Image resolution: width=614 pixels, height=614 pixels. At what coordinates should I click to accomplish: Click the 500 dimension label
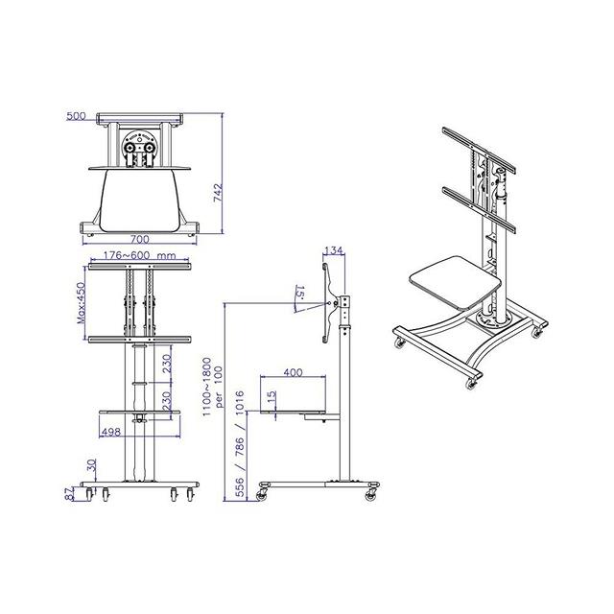pos(76,116)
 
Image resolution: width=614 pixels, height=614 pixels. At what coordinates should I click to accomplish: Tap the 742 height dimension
pos(218,193)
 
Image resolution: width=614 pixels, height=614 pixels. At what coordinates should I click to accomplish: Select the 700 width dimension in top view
pos(139,239)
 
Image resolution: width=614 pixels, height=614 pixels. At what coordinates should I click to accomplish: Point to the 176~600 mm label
pos(139,255)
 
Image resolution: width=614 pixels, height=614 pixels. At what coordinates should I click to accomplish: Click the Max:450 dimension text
pos(81,303)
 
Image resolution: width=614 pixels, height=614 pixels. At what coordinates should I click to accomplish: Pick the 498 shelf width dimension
pos(111,432)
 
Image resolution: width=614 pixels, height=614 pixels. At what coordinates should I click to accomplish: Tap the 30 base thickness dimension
pos(91,465)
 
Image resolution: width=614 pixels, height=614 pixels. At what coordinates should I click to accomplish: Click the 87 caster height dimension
pos(70,493)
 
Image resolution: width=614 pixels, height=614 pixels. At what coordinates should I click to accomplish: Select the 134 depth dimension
pos(334,250)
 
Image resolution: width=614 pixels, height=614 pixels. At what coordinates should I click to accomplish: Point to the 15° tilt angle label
pos(300,293)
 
